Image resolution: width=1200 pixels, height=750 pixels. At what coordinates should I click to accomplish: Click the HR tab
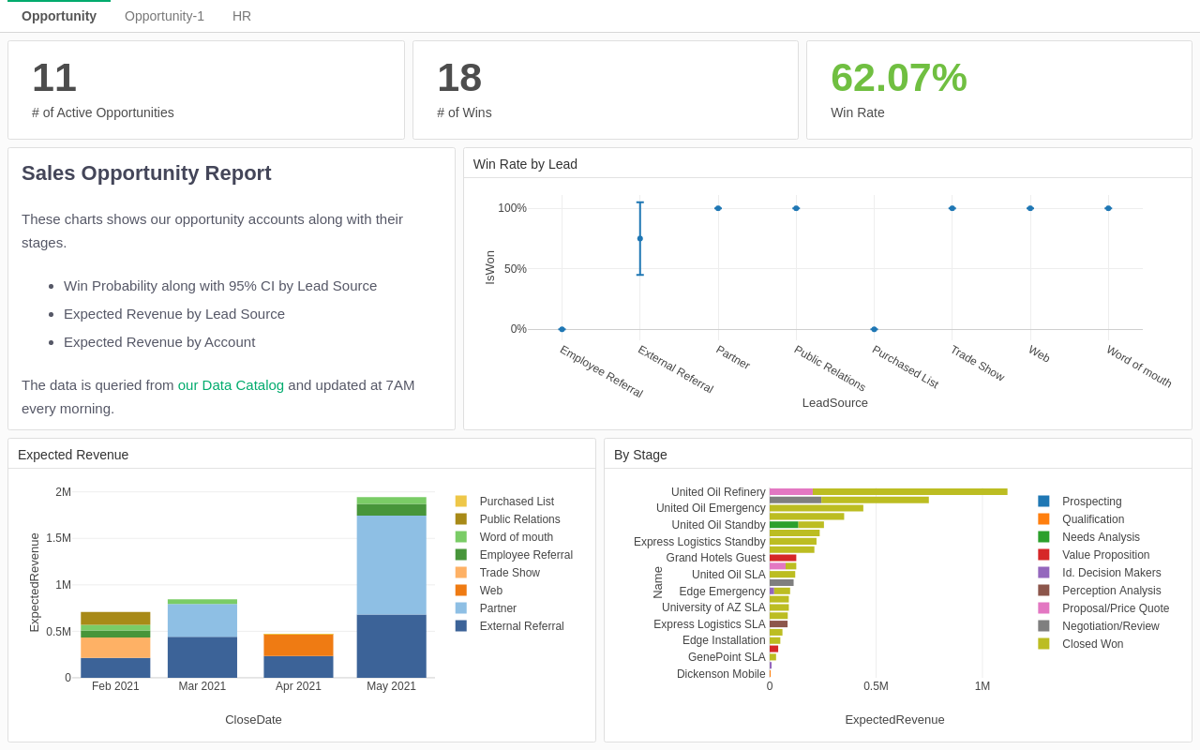coord(242,16)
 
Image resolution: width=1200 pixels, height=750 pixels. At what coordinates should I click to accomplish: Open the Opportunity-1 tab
coord(164,16)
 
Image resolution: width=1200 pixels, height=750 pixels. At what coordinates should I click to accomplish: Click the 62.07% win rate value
coord(898,78)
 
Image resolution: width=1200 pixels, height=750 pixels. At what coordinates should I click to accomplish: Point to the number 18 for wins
coord(459,78)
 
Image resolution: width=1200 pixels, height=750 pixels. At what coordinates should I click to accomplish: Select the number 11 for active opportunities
coord(54,78)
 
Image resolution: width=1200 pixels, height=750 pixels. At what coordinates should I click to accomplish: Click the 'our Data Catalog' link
coord(231,384)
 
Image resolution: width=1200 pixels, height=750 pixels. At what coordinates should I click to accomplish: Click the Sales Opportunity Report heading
coord(146,173)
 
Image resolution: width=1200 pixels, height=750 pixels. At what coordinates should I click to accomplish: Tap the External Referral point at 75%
coord(640,238)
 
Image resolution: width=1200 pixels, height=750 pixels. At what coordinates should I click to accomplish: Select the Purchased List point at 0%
coord(874,329)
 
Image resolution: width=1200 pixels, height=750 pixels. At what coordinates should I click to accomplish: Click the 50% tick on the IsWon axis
coord(515,269)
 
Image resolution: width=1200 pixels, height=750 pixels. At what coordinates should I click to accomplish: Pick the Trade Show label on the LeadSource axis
coord(977,364)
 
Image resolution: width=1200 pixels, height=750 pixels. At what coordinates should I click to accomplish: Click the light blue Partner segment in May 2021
coord(391,564)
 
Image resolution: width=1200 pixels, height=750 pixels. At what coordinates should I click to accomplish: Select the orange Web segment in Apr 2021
coord(298,645)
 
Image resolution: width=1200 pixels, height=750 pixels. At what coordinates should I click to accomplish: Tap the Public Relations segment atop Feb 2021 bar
coord(115,618)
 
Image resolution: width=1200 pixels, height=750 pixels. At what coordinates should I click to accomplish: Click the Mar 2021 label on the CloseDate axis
coord(202,686)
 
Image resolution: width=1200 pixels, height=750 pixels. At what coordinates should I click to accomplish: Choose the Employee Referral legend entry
coord(525,555)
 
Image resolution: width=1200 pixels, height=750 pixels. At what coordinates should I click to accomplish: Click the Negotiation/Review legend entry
coord(1110,626)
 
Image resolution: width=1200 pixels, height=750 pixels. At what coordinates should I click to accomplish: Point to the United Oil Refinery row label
coord(718,492)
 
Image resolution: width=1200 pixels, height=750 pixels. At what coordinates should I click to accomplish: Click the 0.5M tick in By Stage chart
coord(876,686)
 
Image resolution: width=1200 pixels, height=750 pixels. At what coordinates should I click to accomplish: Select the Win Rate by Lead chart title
coord(525,164)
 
